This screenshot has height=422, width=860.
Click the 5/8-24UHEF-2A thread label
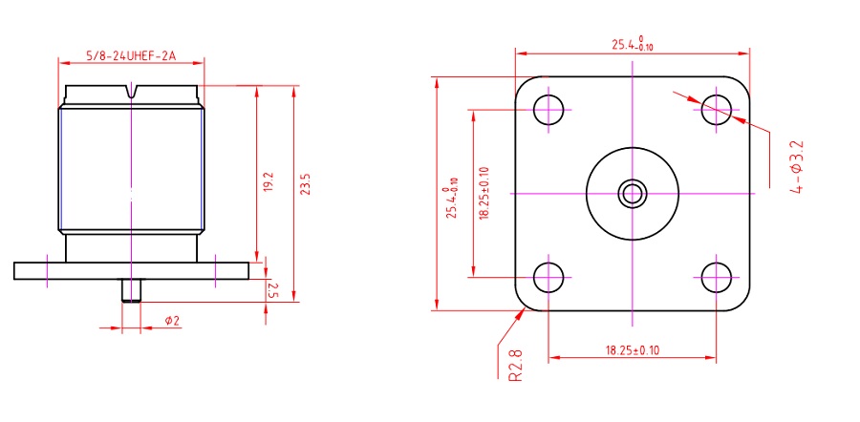point(131,56)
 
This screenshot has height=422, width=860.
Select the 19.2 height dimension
point(269,181)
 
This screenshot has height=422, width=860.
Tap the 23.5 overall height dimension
point(306,184)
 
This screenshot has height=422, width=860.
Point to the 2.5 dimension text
point(273,290)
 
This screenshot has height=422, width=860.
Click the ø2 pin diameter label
point(172,321)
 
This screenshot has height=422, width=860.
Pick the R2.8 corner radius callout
point(516,365)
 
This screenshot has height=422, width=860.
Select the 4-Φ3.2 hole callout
point(797,167)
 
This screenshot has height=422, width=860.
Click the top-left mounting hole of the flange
point(548,110)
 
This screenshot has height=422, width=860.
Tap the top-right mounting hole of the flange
point(716,110)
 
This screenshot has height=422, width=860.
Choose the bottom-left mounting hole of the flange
point(548,277)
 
